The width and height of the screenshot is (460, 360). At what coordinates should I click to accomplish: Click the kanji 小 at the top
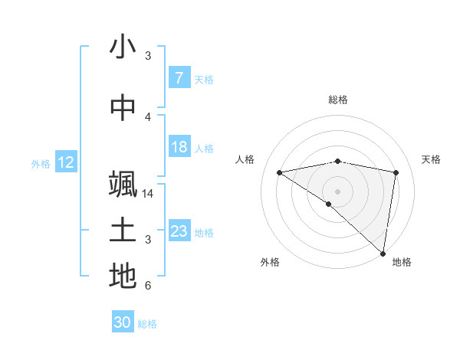tap(123, 47)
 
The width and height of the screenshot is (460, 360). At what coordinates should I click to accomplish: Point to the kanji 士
tap(123, 231)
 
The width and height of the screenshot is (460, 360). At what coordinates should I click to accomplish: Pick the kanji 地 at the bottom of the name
tap(123, 277)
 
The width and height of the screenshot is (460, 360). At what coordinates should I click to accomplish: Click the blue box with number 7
tap(179, 77)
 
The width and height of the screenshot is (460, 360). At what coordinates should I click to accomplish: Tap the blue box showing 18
tap(179, 148)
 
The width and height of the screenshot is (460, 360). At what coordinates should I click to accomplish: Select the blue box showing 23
tap(179, 231)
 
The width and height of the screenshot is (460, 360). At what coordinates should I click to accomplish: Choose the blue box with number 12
tap(66, 162)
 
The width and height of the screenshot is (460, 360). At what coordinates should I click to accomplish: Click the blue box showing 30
tap(123, 322)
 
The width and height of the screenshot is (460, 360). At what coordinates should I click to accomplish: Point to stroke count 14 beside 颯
tap(148, 194)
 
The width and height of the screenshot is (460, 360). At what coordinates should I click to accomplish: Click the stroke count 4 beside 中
tap(148, 117)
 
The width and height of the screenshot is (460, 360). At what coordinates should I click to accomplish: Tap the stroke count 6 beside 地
tap(148, 286)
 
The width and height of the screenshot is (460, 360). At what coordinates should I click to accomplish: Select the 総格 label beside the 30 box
tap(148, 324)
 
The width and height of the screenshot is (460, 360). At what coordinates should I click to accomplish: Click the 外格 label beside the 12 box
tap(40, 163)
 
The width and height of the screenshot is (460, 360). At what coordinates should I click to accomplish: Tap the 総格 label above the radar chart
tap(338, 100)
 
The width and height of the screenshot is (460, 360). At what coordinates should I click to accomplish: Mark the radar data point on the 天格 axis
tap(396, 172)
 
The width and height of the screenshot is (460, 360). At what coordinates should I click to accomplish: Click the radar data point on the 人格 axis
tap(279, 172)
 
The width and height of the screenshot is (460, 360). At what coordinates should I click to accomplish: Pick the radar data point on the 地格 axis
tap(383, 254)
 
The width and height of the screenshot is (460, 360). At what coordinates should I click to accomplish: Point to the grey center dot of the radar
tap(338, 190)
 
